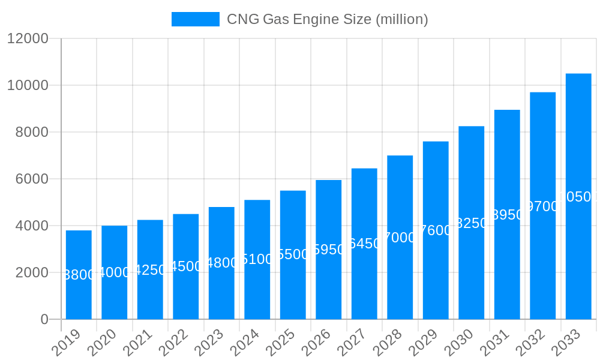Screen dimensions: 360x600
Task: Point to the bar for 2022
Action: [185, 266]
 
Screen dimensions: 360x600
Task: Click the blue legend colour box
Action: [196, 19]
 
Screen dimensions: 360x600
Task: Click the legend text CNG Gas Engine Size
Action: [327, 19]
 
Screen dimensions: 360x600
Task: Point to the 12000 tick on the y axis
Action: [27, 38]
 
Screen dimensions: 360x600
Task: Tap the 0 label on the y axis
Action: [44, 319]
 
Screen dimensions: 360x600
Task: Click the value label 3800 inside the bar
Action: [79, 275]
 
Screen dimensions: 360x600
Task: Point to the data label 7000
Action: [400, 238]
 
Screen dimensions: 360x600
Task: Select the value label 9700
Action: [542, 206]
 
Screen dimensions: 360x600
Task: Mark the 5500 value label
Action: [293, 254]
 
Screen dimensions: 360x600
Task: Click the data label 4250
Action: [150, 270]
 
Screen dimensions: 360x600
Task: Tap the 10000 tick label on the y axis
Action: [27, 85]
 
